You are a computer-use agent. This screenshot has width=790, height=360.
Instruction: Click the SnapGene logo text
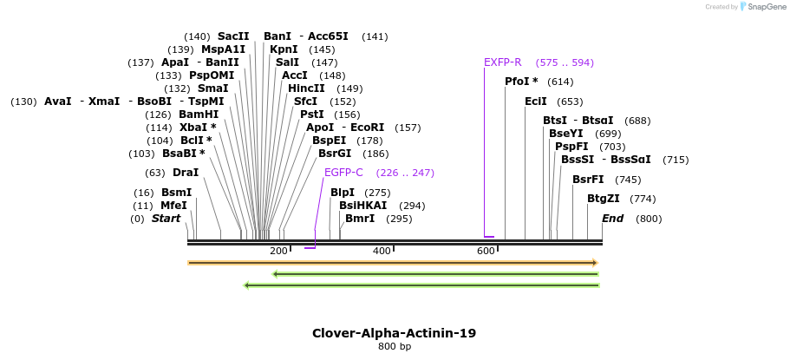point(764,7)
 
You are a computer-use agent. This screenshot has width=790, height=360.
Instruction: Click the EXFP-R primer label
point(503,62)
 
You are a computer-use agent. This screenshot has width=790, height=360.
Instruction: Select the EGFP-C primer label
point(343,173)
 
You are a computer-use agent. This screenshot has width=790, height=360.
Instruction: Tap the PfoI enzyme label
point(521,82)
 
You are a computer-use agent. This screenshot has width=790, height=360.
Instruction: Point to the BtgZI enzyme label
point(603,199)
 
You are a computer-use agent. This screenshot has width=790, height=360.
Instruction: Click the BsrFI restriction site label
point(588,180)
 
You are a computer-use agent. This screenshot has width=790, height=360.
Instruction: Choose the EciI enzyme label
point(536,101)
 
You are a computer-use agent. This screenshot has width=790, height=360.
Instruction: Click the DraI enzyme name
point(186,173)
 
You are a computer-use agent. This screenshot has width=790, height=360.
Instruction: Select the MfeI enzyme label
point(173,206)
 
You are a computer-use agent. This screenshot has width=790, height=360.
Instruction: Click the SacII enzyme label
point(233,36)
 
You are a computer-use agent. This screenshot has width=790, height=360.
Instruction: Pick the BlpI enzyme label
point(343,193)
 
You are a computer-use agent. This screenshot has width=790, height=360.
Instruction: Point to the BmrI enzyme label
point(360,219)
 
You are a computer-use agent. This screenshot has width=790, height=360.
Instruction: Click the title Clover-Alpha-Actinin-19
point(394,333)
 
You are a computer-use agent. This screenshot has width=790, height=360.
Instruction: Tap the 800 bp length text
point(395,347)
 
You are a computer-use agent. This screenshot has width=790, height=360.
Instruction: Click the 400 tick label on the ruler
point(382,252)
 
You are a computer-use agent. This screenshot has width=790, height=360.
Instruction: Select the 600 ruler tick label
point(486,252)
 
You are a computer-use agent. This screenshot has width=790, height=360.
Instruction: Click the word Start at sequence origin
point(166,219)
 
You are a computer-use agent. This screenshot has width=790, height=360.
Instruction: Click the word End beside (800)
point(613,219)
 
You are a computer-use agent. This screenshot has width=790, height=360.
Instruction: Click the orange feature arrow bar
point(393,262)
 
